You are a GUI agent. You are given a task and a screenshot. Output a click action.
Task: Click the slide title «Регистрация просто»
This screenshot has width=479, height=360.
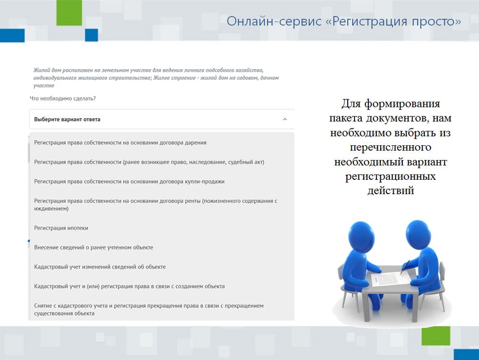click(343, 22)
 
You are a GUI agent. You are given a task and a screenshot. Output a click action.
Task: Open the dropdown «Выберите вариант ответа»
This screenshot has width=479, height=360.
click(162, 119)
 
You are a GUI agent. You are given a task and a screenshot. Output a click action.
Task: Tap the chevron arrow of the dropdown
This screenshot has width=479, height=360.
click(285, 119)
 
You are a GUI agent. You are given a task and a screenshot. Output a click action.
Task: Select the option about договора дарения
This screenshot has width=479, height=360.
click(120, 143)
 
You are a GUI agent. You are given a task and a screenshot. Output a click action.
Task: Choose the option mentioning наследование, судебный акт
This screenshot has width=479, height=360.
click(149, 162)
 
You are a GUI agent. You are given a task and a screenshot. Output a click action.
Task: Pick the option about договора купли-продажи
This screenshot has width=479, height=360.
click(129, 182)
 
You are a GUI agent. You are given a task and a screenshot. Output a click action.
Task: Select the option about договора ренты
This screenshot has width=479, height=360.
click(156, 205)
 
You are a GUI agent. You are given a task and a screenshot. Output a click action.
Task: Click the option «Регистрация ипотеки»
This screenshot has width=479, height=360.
click(61, 228)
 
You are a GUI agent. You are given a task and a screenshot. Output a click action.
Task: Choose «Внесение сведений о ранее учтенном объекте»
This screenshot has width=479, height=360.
click(93, 247)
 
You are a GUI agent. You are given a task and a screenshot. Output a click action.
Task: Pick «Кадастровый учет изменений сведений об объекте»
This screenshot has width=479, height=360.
click(100, 267)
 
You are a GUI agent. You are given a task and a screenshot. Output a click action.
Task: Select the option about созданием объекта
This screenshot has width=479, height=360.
click(129, 286)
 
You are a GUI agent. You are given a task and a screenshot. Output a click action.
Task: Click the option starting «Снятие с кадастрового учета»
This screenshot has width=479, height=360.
click(149, 310)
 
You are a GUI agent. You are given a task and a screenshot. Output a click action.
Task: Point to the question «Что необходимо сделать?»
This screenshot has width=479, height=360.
click(63, 98)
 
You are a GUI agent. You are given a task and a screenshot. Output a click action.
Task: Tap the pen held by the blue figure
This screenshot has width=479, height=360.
click(405, 267)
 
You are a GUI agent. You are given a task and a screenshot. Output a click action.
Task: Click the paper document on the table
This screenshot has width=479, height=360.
click(390, 278)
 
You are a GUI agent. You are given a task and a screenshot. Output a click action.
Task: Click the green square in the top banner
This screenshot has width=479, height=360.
click(69, 12)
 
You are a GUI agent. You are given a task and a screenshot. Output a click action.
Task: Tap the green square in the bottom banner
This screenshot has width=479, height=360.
click(436, 336)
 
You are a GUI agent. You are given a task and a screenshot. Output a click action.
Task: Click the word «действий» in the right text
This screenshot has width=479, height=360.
click(390, 190)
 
